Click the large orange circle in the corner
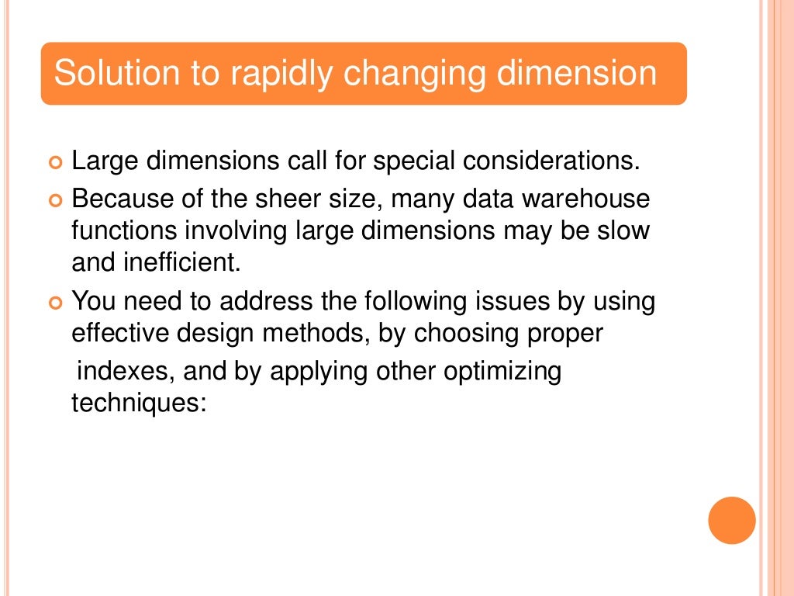(x=732, y=520)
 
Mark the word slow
(x=623, y=231)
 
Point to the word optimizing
(x=502, y=371)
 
